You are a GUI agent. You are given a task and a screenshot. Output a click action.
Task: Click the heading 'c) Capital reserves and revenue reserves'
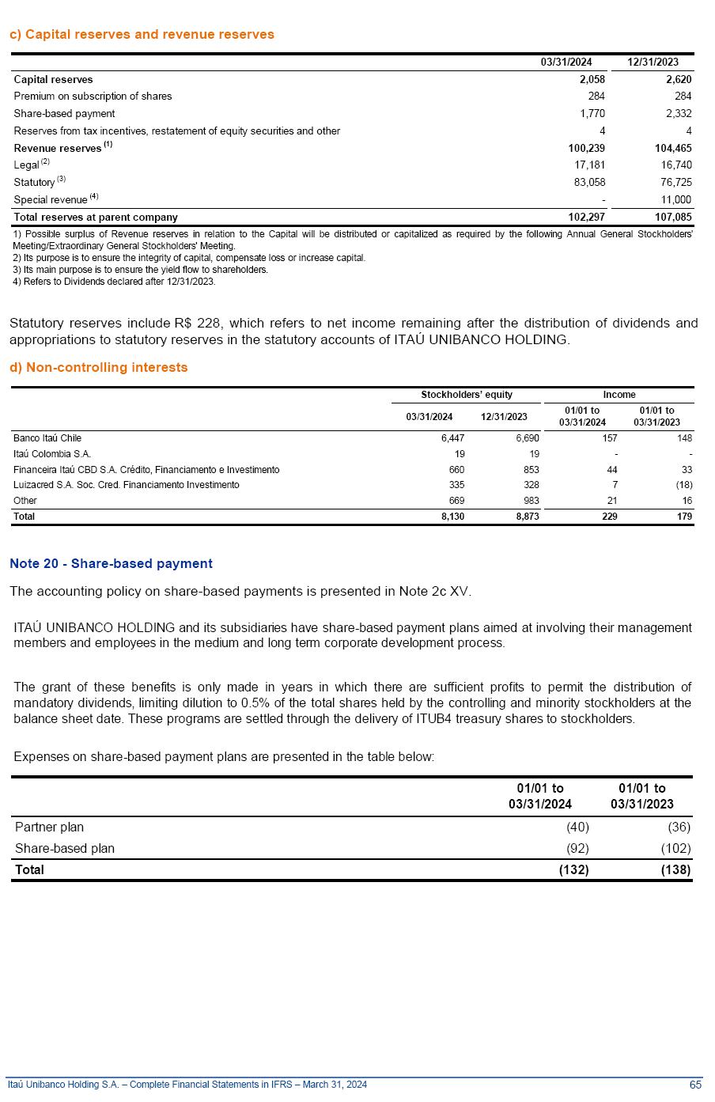(142, 35)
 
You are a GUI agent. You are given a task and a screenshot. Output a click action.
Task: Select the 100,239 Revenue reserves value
(586, 148)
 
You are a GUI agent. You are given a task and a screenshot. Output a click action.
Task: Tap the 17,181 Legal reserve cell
(589, 165)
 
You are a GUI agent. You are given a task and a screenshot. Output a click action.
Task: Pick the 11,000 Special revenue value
(675, 200)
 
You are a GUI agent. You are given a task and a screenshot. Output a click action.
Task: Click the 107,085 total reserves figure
(673, 217)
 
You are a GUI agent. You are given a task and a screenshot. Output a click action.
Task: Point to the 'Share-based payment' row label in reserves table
(64, 114)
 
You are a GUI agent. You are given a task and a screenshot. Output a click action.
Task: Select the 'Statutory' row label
(34, 183)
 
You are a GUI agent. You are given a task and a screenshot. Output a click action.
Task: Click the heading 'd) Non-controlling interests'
(99, 368)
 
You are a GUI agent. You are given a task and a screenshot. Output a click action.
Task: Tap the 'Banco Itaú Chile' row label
(47, 438)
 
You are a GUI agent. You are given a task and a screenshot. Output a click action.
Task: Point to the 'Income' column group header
(619, 395)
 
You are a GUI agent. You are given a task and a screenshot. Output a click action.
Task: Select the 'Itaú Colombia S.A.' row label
(52, 454)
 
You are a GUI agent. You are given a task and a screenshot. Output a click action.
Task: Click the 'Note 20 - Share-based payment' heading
(111, 564)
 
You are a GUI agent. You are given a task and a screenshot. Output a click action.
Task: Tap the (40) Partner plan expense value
(577, 827)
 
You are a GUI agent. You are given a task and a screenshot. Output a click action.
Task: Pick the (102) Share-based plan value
(675, 849)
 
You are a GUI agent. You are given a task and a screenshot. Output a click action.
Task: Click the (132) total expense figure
(573, 870)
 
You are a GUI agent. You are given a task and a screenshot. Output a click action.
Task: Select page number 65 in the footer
(695, 1085)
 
